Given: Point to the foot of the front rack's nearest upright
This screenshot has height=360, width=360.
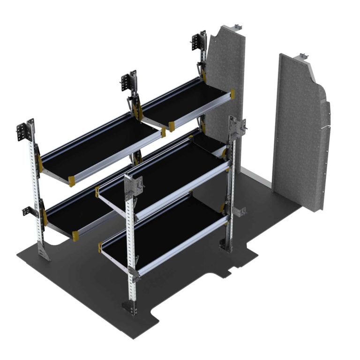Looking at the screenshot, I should coord(128,307).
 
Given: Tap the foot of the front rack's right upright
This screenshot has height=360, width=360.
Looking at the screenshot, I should coord(225,244).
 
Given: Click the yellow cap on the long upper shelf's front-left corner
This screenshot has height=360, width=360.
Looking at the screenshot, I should coord(72,181).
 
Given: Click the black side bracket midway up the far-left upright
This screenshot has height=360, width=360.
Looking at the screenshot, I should coord(29,211).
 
